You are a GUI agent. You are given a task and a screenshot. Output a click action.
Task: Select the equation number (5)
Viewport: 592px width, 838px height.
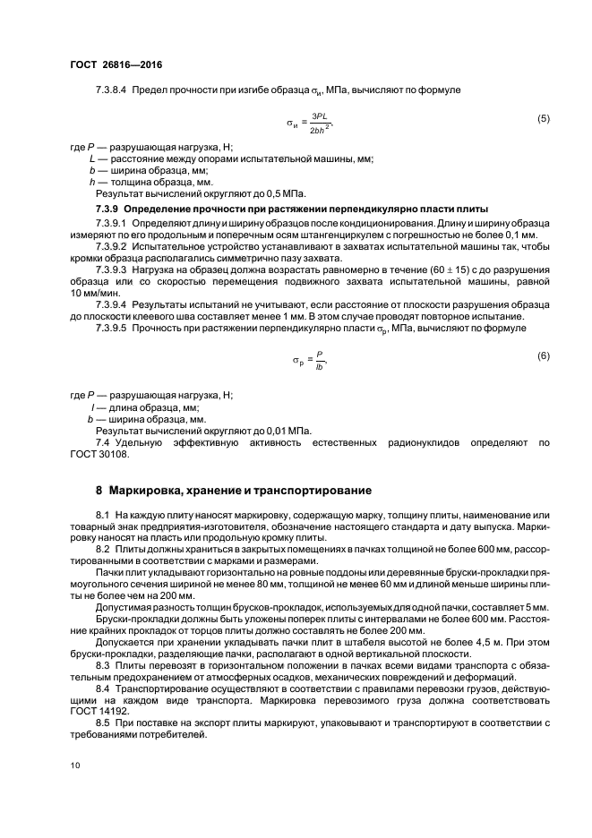tap(543, 119)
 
